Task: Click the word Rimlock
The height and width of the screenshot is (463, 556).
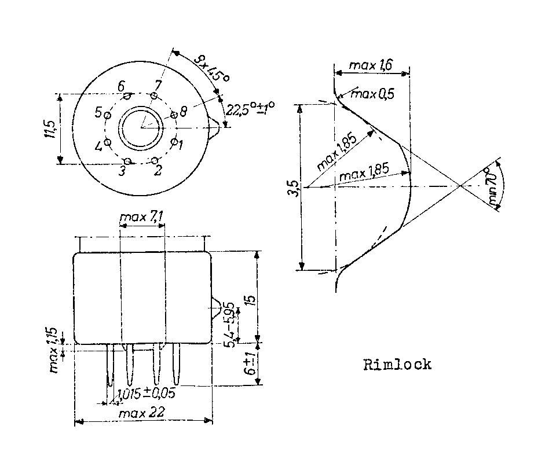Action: click(x=397, y=365)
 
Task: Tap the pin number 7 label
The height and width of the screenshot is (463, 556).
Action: click(x=158, y=85)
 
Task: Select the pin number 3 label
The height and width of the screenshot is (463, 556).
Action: click(x=122, y=170)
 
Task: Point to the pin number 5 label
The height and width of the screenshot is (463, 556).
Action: click(x=98, y=111)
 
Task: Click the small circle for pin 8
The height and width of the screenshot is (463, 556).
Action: click(x=174, y=116)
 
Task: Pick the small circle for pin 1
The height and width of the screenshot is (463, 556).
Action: click(x=174, y=141)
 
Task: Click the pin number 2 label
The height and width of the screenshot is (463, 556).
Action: click(x=158, y=170)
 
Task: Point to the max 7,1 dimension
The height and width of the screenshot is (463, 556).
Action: click(x=141, y=218)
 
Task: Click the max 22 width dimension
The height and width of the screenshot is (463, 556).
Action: click(x=142, y=413)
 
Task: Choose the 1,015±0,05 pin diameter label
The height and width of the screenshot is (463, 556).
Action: click(x=147, y=394)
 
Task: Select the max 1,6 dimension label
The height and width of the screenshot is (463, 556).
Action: click(x=371, y=67)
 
